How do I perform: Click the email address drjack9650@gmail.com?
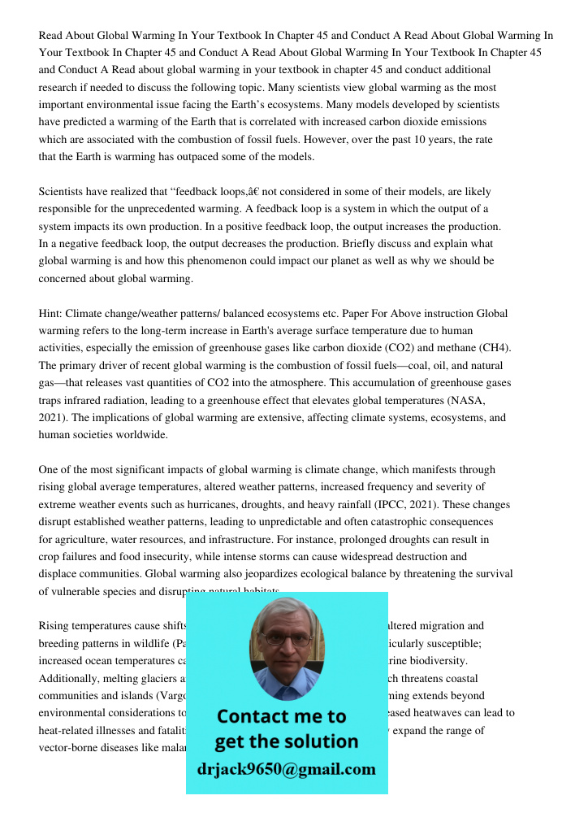[286, 769]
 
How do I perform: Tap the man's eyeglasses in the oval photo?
[286, 639]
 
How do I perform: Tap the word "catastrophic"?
[394, 522]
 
